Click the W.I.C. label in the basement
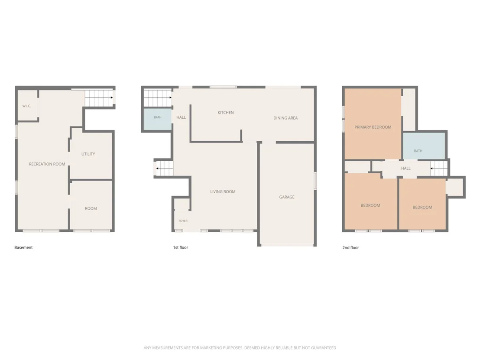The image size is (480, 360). click(26, 106)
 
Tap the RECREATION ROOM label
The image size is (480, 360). click(47, 164)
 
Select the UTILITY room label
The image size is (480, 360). click(88, 154)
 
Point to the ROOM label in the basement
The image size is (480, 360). click(91, 208)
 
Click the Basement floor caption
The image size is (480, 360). click(23, 247)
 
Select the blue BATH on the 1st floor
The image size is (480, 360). click(158, 120)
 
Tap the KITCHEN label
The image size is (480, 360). click(226, 113)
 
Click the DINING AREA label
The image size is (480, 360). click(285, 118)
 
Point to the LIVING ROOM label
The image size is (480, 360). click(223, 191)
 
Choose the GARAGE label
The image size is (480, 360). click(287, 197)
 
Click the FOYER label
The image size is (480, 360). click(183, 221)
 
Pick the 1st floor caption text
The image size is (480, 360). click(181, 247)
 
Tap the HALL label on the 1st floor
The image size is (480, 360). click(181, 117)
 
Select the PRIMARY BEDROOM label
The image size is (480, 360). click(373, 127)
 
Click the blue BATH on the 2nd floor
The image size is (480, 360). click(424, 146)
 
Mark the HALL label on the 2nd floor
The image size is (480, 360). click(406, 169)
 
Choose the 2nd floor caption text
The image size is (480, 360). click(350, 247)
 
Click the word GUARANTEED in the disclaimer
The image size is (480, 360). click(323, 348)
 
